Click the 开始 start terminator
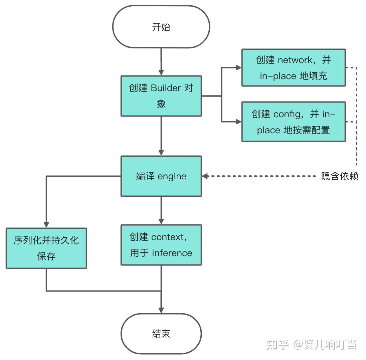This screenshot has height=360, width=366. tap(161, 27)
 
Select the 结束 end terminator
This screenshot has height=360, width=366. tap(161, 334)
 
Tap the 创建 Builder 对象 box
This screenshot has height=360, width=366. tap(161, 96)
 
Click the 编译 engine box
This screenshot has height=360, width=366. tap(161, 176)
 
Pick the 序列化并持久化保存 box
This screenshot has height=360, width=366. tap(46, 248)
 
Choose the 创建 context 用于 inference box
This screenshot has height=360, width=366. tap(161, 245)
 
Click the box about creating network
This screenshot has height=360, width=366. tap(294, 68)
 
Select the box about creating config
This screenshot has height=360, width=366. tap(294, 122)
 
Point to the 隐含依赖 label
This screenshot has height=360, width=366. tap(339, 176)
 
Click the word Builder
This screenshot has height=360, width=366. tap(166, 88)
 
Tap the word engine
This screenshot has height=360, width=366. tap(172, 177)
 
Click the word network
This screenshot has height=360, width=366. tap(295, 60)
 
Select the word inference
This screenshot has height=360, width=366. tap(172, 253)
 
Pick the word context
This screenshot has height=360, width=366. tap(168, 237)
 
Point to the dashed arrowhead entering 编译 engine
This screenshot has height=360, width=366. tap(205, 176)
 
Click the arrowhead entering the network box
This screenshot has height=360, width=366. tap(238, 68)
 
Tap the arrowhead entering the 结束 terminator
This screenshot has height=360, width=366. tap(161, 310)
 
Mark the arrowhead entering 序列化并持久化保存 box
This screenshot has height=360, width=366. tap(46, 225)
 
